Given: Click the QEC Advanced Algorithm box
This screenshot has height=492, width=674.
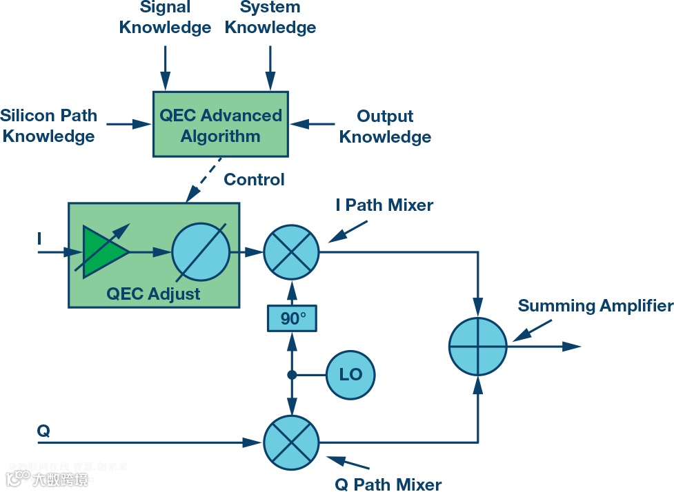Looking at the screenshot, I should [220, 125].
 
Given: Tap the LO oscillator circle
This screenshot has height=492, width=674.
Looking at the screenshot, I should [350, 375].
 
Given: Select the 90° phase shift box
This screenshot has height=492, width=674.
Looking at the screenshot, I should [292, 318].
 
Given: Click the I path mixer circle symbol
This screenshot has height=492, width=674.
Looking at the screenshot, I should [292, 252].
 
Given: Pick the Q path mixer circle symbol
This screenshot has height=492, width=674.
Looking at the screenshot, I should [292, 442].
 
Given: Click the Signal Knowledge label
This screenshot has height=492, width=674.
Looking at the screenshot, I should [165, 18].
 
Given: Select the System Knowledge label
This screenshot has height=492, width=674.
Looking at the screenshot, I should [270, 18].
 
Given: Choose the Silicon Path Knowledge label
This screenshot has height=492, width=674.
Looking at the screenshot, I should [48, 125].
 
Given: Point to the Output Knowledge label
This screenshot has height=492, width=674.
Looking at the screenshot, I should [385, 126].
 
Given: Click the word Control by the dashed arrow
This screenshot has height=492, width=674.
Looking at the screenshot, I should [254, 180].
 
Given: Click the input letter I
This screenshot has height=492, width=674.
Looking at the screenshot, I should [39, 239].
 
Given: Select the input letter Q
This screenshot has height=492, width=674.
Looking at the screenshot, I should [43, 431].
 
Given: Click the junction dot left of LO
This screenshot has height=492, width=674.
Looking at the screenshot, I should [292, 375].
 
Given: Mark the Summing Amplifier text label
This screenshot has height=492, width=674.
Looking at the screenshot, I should [595, 306].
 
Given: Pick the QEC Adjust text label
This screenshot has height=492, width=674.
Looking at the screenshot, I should [153, 294].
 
